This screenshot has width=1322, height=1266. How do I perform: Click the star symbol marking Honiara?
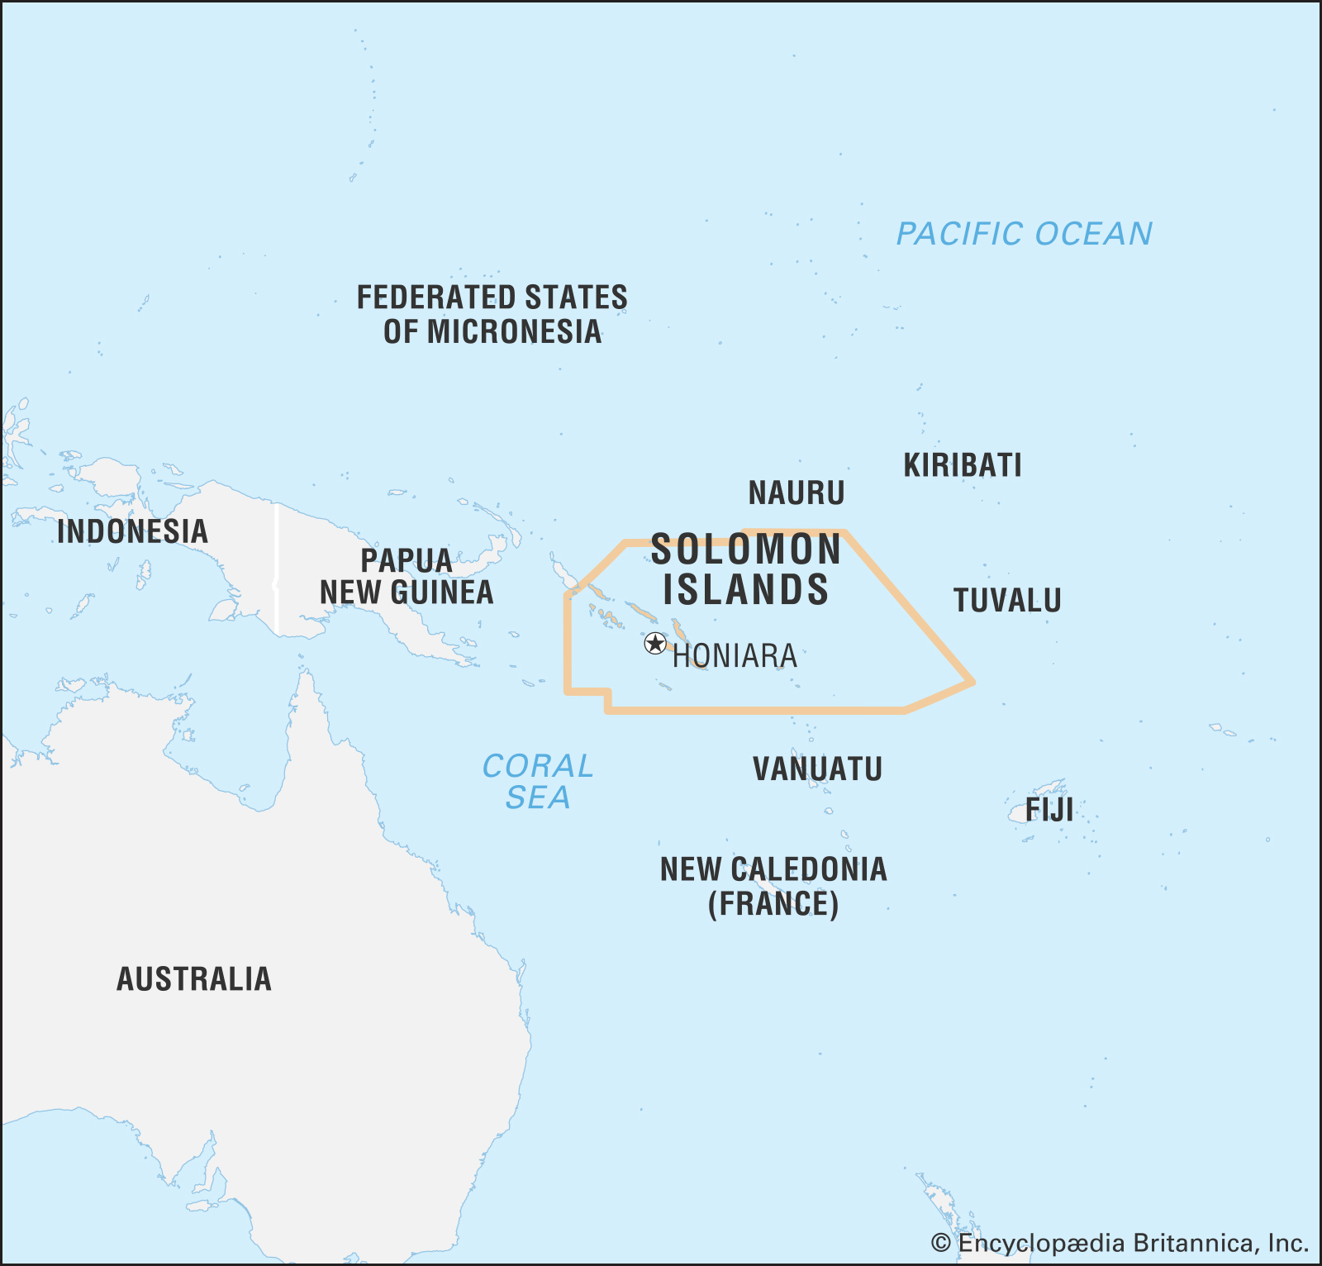pos(654,644)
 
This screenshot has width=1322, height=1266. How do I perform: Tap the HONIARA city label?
pos(735,656)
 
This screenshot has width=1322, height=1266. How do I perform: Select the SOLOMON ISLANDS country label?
pos(745,570)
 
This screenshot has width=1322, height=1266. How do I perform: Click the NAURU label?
pos(797,493)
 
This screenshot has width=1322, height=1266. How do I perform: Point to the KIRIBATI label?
pos(963,465)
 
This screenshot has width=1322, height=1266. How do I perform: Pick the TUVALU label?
pos(1007,601)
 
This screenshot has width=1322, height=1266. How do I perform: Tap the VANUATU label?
pos(817,769)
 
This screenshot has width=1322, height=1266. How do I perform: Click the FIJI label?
pos(1049,810)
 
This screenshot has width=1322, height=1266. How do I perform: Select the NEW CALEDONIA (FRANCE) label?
pos(773,887)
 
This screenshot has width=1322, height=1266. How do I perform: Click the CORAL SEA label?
pos(538,782)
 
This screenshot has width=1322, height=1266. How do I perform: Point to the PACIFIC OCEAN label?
pos(1025,234)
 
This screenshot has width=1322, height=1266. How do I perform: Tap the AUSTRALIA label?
pos(194,979)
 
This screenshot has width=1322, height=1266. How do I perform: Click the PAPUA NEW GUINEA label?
pos(407,577)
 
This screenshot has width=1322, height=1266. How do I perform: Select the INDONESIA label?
pos(132,531)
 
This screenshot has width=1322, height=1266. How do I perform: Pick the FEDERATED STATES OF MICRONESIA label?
pos(492,315)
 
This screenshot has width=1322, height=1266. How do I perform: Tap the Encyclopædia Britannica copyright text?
pos(1120,1243)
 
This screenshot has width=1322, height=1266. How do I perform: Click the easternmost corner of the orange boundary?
pos(972,683)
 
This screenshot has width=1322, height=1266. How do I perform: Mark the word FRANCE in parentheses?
pos(773,904)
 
